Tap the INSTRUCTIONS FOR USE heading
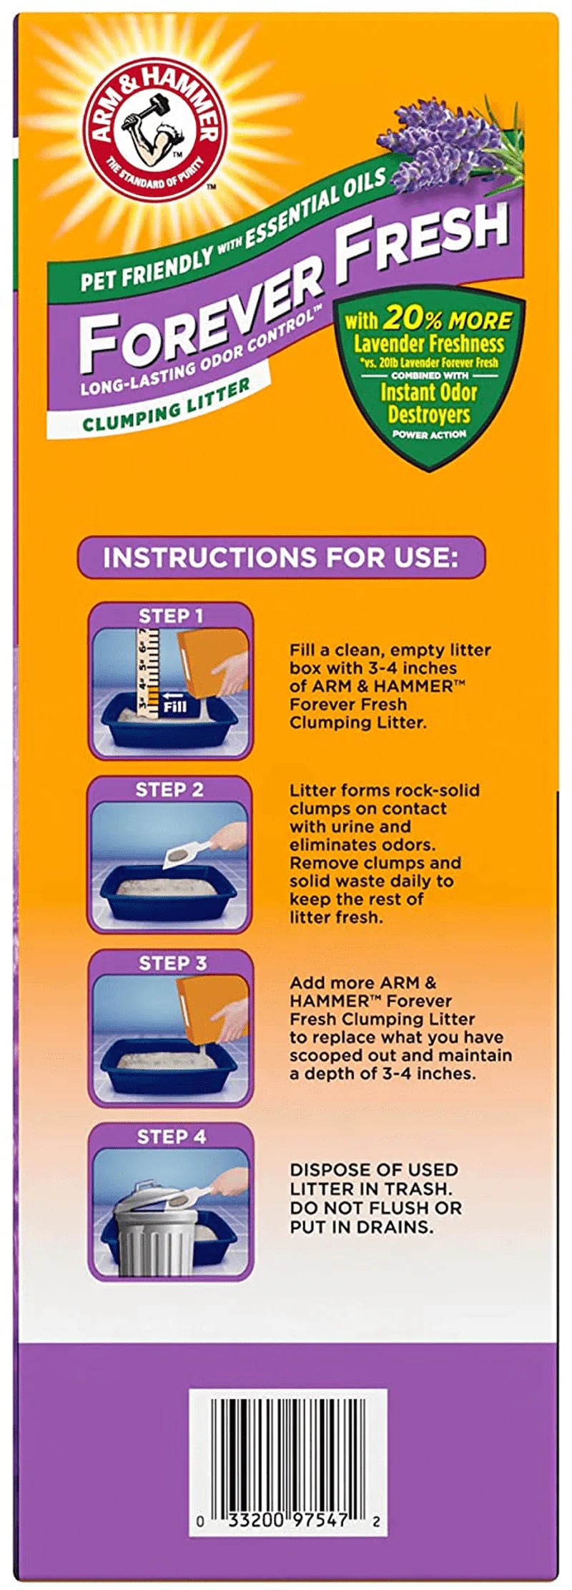[280, 557]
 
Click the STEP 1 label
[170, 616]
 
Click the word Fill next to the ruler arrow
[175, 706]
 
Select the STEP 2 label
[169, 790]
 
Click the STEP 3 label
[172, 963]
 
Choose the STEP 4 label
[171, 1136]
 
